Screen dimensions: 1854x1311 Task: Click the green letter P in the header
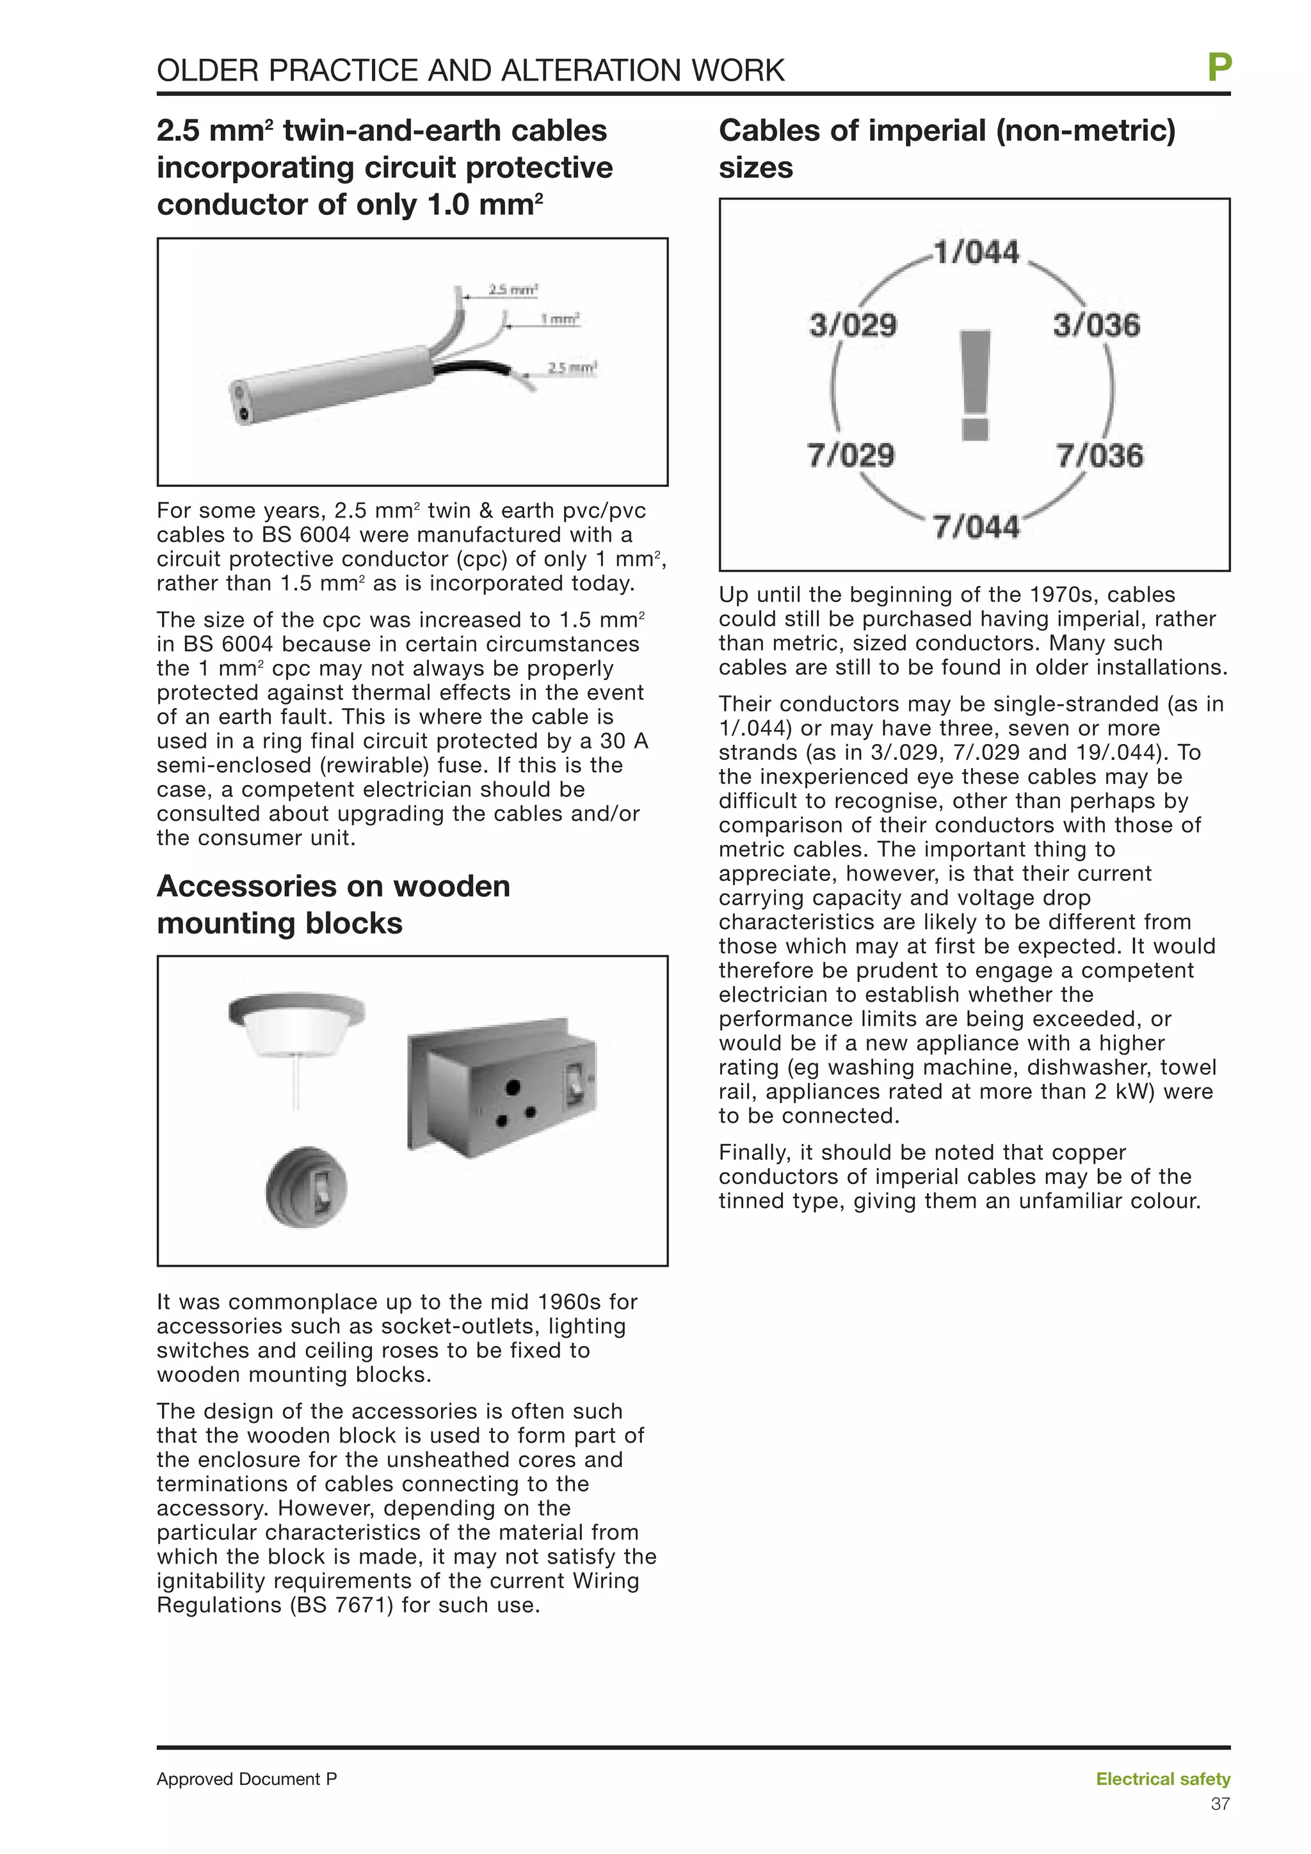pyautogui.click(x=1219, y=68)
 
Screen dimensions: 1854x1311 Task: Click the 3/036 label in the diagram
pyautogui.click(x=1096, y=326)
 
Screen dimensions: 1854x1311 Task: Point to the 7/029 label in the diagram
pyautogui.click(x=851, y=456)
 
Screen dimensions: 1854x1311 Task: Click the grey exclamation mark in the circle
pyautogui.click(x=976, y=385)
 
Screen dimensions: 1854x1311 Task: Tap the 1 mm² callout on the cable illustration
pyautogui.click(x=559, y=320)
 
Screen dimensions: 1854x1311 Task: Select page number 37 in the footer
pyautogui.click(x=1219, y=1804)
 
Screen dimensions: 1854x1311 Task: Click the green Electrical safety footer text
pyautogui.click(x=1162, y=1779)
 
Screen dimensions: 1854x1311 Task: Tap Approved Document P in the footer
pyautogui.click(x=246, y=1779)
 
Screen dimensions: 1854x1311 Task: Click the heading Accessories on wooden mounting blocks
pyautogui.click(x=333, y=905)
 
